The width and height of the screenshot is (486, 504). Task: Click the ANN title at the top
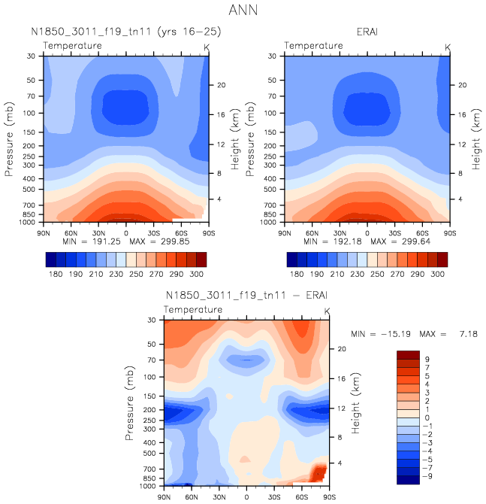243,11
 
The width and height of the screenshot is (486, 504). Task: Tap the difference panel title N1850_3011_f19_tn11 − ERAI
246,296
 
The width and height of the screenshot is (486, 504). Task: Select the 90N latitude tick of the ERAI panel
284,232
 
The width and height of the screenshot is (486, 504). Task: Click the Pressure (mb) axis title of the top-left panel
9,139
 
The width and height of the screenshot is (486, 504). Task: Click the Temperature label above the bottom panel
193,309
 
